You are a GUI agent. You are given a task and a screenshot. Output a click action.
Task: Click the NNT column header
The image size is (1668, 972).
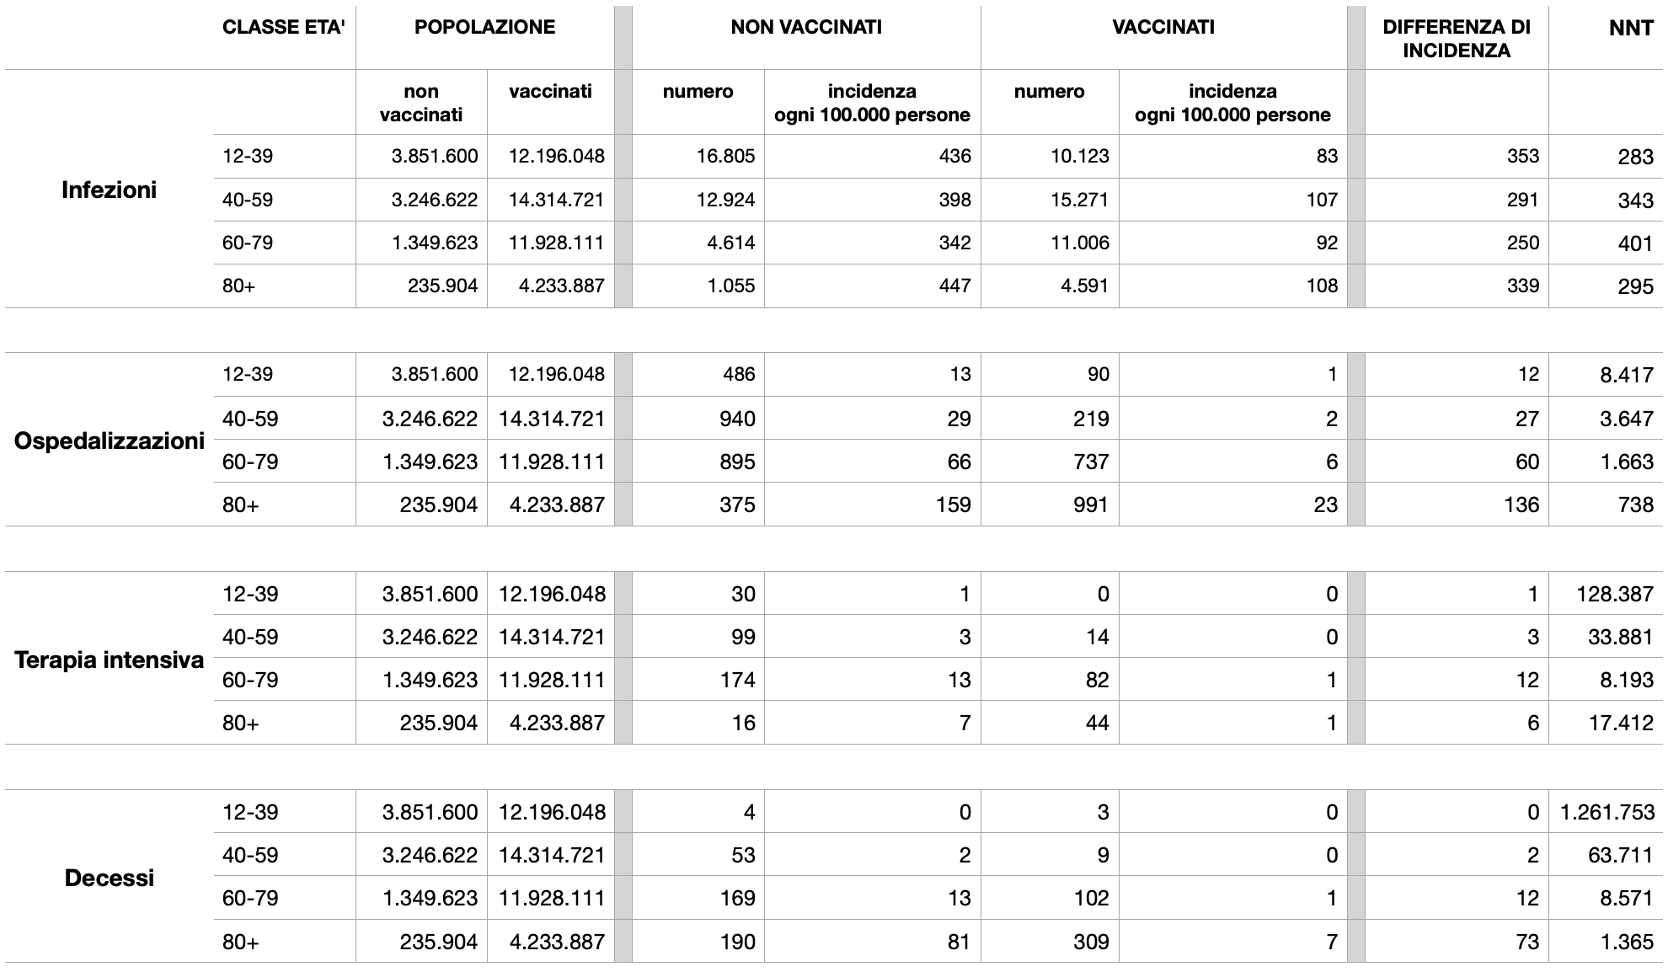pyautogui.click(x=1631, y=28)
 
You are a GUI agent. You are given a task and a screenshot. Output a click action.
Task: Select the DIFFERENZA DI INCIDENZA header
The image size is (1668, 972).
pyautogui.click(x=1457, y=39)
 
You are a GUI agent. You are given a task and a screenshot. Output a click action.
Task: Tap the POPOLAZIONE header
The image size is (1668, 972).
pyautogui.click(x=484, y=28)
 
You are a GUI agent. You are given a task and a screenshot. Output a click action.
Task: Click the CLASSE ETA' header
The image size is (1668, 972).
pyautogui.click(x=284, y=28)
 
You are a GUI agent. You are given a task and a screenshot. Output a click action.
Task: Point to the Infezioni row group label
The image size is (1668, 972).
pyautogui.click(x=109, y=190)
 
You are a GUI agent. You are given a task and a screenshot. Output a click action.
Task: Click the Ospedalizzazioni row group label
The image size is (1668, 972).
pyautogui.click(x=109, y=441)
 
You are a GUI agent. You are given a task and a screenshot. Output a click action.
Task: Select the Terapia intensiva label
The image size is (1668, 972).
pyautogui.click(x=109, y=660)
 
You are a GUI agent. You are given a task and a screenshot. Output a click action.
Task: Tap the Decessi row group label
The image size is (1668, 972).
pyautogui.click(x=109, y=879)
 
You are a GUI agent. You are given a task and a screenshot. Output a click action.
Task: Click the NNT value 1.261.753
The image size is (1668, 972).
pyautogui.click(x=1607, y=813)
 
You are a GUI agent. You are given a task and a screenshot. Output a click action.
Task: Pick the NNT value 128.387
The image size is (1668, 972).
pyautogui.click(x=1614, y=595)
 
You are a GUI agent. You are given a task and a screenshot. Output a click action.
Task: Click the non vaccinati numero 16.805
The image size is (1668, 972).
pyautogui.click(x=726, y=157)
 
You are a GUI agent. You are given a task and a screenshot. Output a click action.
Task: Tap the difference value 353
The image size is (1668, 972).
pyautogui.click(x=1521, y=157)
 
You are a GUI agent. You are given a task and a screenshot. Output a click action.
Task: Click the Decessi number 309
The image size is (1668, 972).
pyautogui.click(x=1091, y=942)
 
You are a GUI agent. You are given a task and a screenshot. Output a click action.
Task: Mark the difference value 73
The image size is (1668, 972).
pyautogui.click(x=1527, y=942)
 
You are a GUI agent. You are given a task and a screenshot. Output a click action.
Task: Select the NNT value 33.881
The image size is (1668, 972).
pyautogui.click(x=1620, y=638)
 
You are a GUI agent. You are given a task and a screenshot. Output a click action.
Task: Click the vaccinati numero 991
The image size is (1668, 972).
pyautogui.click(x=1091, y=505)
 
